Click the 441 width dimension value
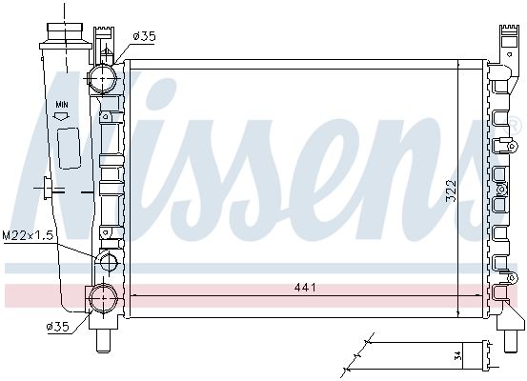[305, 288]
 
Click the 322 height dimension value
[451, 190]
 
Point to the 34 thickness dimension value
[457, 355]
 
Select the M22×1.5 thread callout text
[28, 235]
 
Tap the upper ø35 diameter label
[145, 36]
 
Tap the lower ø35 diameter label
[58, 327]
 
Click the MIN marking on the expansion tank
[62, 105]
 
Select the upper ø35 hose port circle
[103, 79]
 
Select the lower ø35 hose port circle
[103, 298]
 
